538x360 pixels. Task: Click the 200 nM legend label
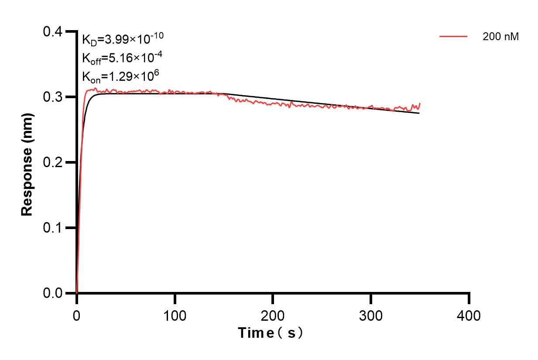coord(500,37)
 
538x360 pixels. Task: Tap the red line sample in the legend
coord(453,37)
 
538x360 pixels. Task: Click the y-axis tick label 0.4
coord(53,32)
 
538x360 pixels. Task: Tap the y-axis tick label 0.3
coord(53,97)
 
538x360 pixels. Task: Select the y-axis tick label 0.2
coord(53,162)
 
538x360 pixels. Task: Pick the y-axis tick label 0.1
coord(53,228)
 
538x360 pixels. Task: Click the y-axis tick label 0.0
coord(53,293)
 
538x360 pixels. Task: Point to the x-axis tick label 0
coord(77,315)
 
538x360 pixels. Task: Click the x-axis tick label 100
coord(175,315)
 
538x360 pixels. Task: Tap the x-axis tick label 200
coord(273,315)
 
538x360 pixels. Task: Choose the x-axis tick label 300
coord(371,315)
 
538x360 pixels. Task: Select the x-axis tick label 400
coord(469,315)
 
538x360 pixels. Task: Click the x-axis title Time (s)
coord(271,333)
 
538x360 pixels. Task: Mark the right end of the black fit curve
coord(419,113)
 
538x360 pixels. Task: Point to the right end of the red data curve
coord(420,103)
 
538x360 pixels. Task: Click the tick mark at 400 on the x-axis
coord(469,298)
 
